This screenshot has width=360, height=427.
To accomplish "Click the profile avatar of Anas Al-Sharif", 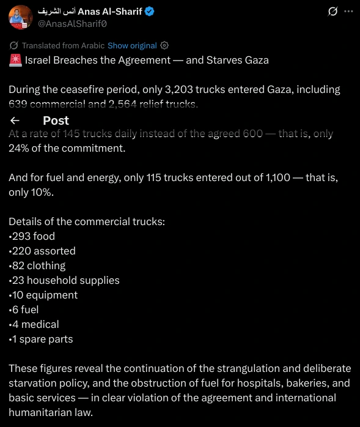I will [x=20, y=18].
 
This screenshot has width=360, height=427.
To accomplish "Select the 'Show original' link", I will [x=132, y=46].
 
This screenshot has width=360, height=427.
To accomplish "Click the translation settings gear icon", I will [x=164, y=46].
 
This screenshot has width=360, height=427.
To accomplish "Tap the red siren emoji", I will [x=16, y=61].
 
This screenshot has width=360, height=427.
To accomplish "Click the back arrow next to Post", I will [x=15, y=121].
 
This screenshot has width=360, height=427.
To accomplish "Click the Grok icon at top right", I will [x=333, y=12].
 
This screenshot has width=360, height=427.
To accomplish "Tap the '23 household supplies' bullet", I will [x=64, y=280].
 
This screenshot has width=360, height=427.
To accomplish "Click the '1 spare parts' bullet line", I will [x=41, y=339].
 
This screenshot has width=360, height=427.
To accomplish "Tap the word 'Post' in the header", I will [x=56, y=121].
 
